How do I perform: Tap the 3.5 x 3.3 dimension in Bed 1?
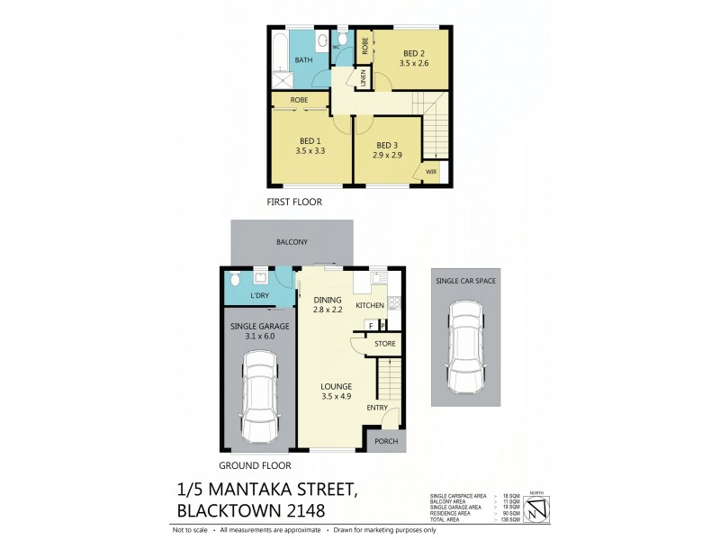310,151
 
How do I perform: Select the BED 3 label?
387,145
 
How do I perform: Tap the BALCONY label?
292,242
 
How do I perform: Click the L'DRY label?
260,295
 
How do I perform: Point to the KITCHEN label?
370,306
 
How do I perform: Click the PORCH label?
385,441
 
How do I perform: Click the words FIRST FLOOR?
294,202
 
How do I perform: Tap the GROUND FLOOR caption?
256,466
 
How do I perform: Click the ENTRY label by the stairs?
377,408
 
